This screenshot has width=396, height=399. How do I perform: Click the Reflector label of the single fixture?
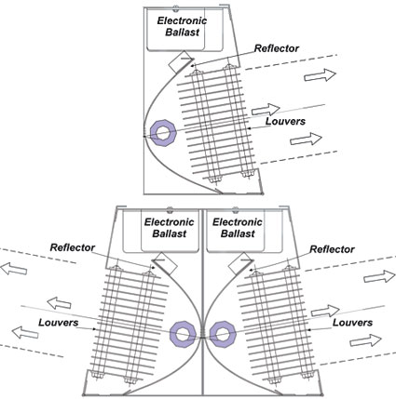pyautogui.click(x=277, y=48)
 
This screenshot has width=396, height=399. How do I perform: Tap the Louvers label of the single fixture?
pyautogui.click(x=285, y=121)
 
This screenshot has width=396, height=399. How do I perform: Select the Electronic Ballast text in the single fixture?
pyautogui.click(x=182, y=26)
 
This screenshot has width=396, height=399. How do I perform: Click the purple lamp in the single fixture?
pyautogui.click(x=163, y=133)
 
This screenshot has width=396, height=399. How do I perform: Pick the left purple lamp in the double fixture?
pyautogui.click(x=184, y=334)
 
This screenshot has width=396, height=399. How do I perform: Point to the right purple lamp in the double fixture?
pyautogui.click(x=223, y=334)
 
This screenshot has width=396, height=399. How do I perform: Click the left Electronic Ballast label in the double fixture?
pyautogui.click(x=170, y=228)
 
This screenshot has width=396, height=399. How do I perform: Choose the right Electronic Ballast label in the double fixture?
pyautogui.click(x=238, y=228)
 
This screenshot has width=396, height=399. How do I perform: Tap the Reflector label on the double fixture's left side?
pyautogui.click(x=73, y=247)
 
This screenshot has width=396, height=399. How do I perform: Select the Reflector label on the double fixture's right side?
pyautogui.click(x=332, y=249)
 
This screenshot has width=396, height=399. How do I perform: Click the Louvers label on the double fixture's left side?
pyautogui.click(x=59, y=323)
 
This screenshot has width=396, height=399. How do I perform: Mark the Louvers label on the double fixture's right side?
pyautogui.click(x=352, y=323)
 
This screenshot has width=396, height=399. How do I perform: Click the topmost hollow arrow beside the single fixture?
pyautogui.click(x=320, y=75)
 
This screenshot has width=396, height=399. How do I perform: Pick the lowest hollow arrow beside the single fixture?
pyautogui.click(x=306, y=139)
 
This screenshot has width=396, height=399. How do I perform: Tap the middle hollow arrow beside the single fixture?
pyautogui.click(x=266, y=110)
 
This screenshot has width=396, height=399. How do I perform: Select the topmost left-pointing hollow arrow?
pyautogui.click(x=14, y=269)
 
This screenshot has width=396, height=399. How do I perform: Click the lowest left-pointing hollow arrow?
pyautogui.click(x=25, y=333)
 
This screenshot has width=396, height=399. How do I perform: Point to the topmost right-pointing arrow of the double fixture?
pyautogui.click(x=379, y=276)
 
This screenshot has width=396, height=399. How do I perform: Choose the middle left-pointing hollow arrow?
pyautogui.click(x=59, y=303)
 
